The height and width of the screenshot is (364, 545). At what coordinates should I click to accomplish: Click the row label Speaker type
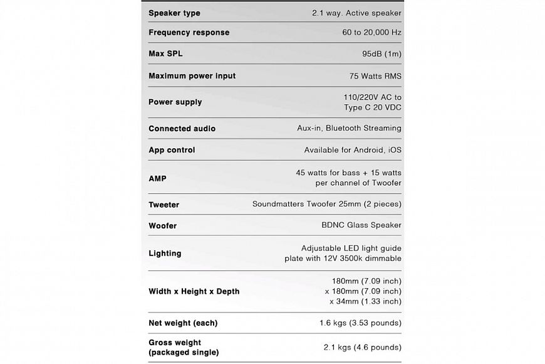pos(174,13)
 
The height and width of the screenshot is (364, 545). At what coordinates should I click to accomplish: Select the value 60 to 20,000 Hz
pos(364,33)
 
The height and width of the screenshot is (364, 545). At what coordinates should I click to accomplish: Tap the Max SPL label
pos(165,54)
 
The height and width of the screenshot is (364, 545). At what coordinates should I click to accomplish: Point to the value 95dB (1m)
pos(381,54)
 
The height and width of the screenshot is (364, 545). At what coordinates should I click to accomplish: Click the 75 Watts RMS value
pos(375,76)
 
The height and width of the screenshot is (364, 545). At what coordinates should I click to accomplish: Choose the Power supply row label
pos(175,102)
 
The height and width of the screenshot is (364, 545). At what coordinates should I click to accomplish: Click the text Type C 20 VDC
pos(373,107)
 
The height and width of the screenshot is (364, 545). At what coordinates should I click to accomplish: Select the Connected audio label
pos(182,129)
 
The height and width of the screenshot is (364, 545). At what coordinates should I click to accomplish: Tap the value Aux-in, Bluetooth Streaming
pos(349,128)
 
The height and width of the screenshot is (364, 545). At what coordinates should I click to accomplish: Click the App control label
pos(172,150)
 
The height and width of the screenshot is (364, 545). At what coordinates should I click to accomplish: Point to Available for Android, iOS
pos(353,150)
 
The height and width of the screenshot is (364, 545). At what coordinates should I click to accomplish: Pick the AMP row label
pos(157,178)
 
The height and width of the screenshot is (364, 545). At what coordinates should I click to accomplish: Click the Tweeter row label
pos(163,205)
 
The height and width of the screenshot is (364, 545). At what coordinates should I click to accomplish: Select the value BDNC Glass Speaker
pos(361,225)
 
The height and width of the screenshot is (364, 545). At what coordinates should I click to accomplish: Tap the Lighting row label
pos(165,254)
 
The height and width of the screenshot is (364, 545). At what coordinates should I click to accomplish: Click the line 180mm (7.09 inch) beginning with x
pos(363,291)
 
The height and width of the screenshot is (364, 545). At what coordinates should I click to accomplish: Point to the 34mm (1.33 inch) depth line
pos(365,302)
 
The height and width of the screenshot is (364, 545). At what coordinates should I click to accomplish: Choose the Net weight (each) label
pos(183,323)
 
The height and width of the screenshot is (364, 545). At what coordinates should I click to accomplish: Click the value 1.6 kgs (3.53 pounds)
pos(360,323)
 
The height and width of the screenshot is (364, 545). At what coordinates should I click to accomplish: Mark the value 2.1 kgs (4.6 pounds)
pos(363,347)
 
